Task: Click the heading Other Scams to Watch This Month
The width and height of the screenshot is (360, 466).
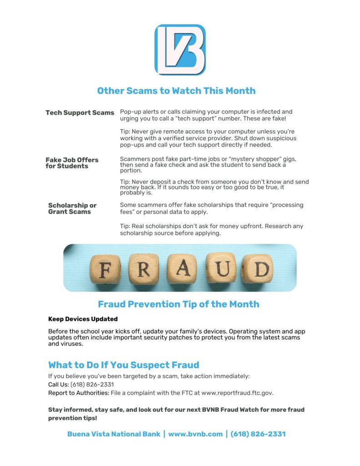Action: pos(176,91)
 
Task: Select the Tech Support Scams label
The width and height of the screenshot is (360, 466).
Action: pos(80,112)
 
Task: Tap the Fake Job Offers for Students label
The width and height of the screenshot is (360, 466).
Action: pos(72,163)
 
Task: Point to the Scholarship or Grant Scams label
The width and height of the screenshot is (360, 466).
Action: pos(72,208)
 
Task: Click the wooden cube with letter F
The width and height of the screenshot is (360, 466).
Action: pos(105,270)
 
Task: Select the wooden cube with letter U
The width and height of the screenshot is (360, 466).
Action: pos(220,268)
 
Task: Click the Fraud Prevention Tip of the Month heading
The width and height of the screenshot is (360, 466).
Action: pos(178,304)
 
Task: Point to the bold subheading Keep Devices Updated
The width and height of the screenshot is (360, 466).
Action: pos(83,319)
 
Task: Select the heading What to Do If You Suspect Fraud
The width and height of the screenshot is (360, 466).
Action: pos(124,365)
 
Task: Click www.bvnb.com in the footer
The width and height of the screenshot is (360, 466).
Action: pos(195,434)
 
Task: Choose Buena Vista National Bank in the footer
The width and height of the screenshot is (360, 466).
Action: pos(114,434)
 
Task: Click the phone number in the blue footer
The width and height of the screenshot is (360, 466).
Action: pos(258,434)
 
